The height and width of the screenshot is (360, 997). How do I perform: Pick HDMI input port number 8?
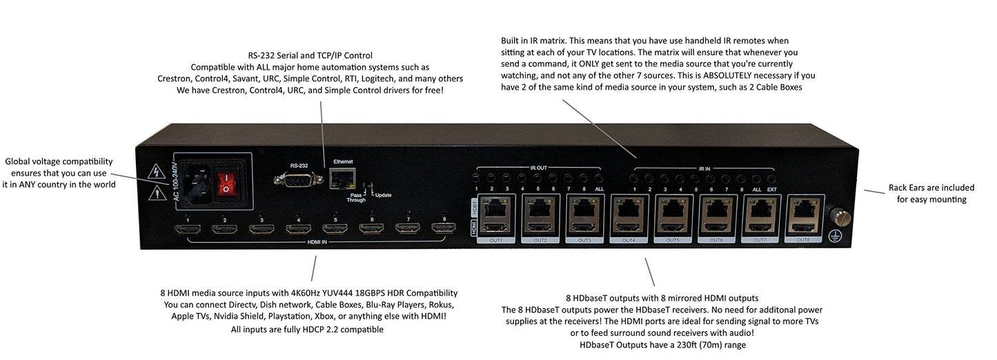(444, 228)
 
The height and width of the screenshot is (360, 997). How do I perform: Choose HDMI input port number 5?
(335, 229)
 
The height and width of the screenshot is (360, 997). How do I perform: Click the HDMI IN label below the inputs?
(317, 243)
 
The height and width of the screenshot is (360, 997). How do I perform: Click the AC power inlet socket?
(186, 185)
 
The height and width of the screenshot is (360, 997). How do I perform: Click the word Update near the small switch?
(383, 195)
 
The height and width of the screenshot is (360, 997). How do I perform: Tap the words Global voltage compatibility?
(59, 161)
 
